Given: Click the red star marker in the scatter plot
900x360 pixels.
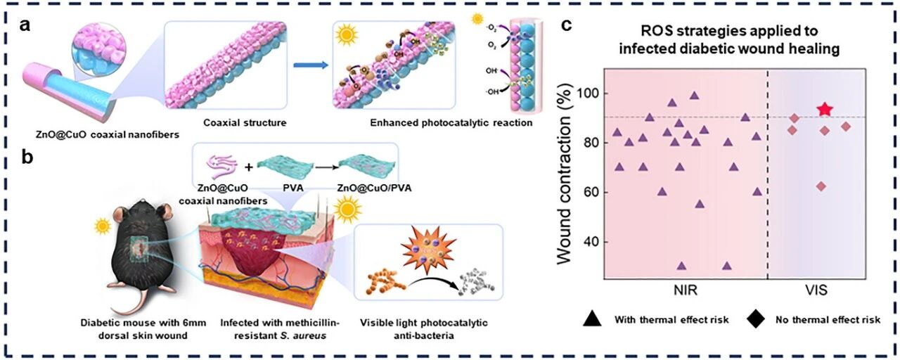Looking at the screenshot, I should click(825, 109).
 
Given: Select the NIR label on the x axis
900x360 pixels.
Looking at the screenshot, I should click(686, 290).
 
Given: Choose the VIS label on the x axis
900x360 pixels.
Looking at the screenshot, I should click(818, 290).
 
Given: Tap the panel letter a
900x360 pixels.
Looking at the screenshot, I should click(25, 27).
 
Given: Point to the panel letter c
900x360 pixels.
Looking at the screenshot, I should click(565, 26).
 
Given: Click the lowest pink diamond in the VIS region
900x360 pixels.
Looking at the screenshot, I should click(821, 186).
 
